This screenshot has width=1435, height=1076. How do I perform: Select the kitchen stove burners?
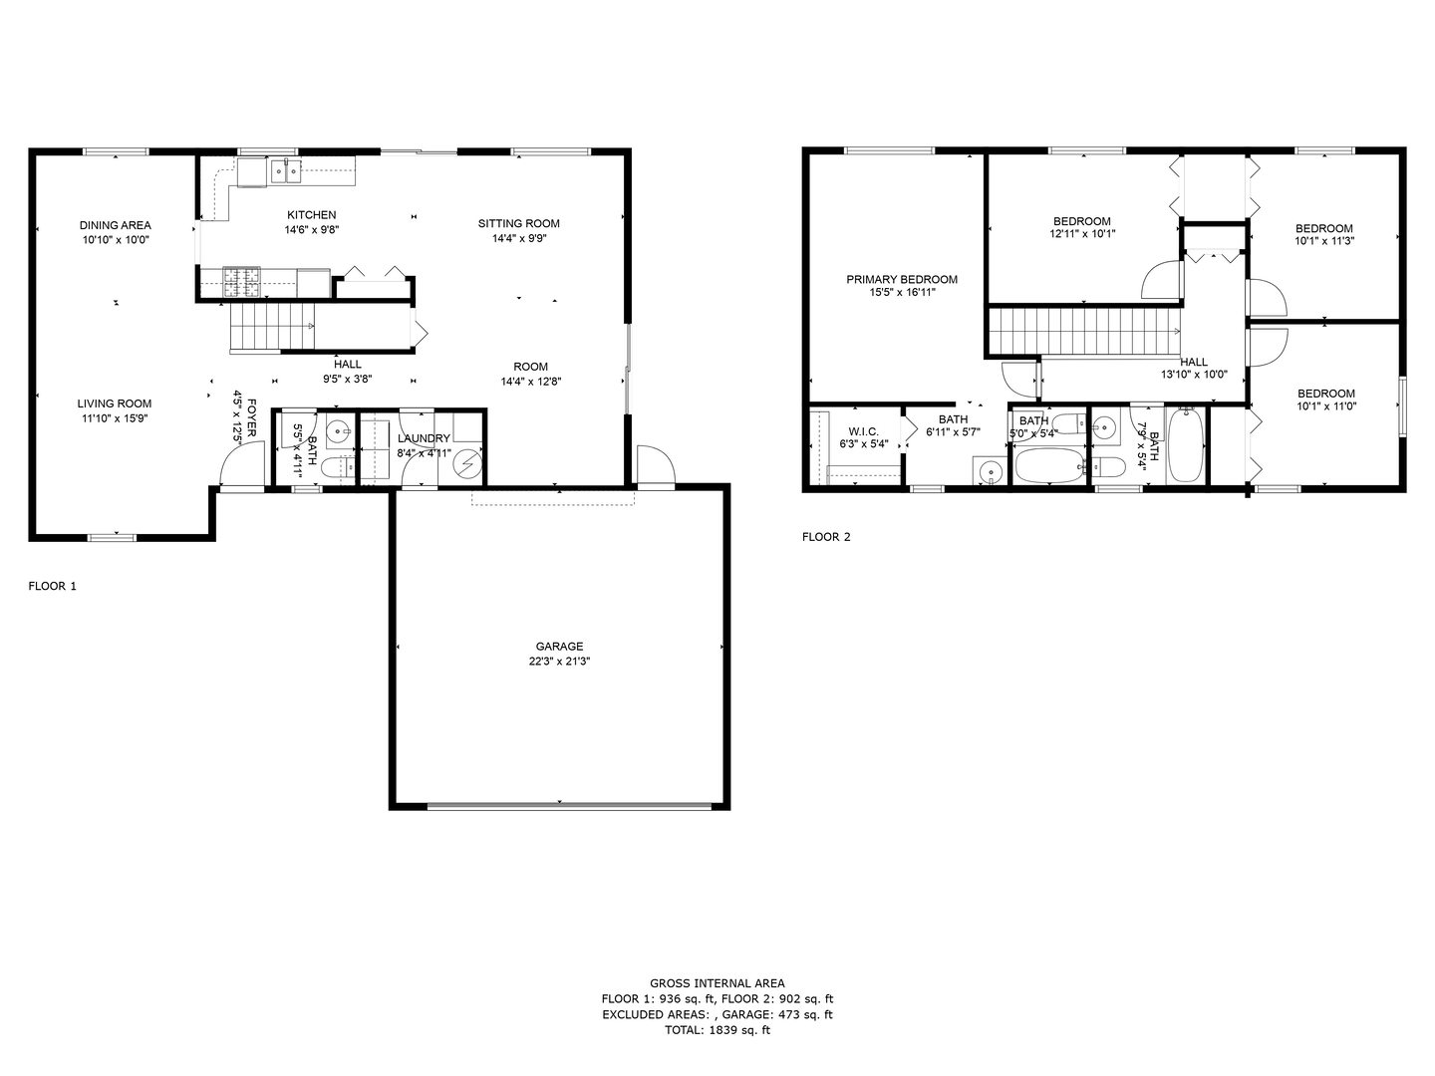241,282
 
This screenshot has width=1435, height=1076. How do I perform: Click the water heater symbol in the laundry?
465,464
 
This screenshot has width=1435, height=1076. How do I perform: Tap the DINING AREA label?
116,225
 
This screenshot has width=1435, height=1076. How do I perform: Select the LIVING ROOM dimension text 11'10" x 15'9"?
115,418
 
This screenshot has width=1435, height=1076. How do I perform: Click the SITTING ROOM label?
518,223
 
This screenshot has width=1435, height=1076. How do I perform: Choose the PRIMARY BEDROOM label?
902,280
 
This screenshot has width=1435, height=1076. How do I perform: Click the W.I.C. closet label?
863,431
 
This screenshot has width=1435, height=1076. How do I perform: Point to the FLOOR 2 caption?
826,537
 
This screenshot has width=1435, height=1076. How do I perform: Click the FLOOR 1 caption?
52,586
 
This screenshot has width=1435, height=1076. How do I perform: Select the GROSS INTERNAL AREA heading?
717,983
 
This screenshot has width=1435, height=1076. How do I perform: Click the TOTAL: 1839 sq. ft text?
717,1030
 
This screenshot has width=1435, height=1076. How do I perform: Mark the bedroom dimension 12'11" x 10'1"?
1081,234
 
